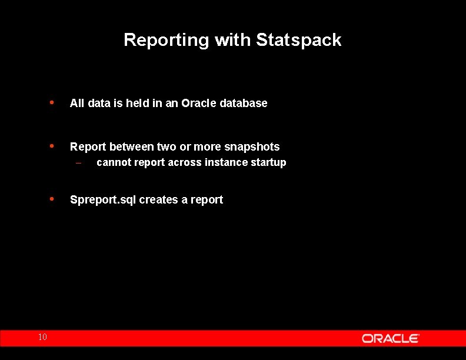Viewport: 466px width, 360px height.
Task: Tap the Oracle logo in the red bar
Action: (x=390, y=338)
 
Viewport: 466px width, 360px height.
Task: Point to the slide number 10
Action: (x=42, y=337)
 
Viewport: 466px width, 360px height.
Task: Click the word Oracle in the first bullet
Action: (x=198, y=104)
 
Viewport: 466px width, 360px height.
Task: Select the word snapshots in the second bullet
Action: (x=252, y=147)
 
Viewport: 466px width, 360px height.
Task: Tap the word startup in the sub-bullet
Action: (x=268, y=163)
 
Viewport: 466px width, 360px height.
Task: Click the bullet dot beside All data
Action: (x=52, y=102)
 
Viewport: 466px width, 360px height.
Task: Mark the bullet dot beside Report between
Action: (x=52, y=146)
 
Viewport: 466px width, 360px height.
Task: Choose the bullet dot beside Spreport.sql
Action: (x=52, y=199)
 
